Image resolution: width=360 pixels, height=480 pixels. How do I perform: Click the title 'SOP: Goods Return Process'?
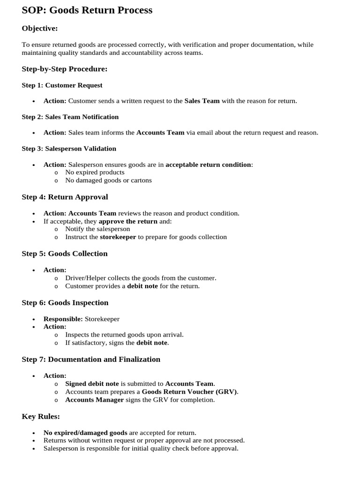pyautogui.click(x=87, y=10)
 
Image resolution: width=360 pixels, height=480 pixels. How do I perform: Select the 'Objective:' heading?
pyautogui.click(x=40, y=29)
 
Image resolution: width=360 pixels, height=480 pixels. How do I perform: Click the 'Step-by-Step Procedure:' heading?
pyautogui.click(x=65, y=69)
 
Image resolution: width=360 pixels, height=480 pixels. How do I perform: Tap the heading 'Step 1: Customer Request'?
pyautogui.click(x=62, y=85)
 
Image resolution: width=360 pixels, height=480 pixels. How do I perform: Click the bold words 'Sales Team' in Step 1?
pyautogui.click(x=202, y=101)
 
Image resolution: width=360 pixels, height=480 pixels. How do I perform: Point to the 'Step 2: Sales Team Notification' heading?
pyautogui.click(x=70, y=117)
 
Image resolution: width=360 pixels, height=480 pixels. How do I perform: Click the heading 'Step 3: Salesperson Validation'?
pyautogui.click(x=69, y=149)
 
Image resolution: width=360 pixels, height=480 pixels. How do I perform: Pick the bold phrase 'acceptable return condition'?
pyautogui.click(x=208, y=165)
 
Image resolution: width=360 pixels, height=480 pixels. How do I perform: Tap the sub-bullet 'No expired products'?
pyautogui.click(x=95, y=172)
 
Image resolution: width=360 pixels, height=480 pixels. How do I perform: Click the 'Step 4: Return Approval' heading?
pyautogui.click(x=65, y=197)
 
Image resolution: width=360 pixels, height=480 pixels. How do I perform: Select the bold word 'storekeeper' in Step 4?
pyautogui.click(x=118, y=237)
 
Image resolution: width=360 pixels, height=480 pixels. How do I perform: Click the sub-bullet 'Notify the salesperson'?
pyautogui.click(x=97, y=229)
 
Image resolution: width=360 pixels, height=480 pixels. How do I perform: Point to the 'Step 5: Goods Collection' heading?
pyautogui.click(x=65, y=254)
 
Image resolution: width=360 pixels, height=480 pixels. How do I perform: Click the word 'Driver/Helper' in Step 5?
pyautogui.click(x=85, y=278)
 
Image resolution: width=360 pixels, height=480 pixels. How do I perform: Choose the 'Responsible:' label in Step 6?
pyautogui.click(x=63, y=319)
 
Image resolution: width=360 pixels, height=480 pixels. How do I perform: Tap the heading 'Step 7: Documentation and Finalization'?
pyautogui.click(x=91, y=360)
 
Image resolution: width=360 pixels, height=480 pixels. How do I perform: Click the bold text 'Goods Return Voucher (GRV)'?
pyautogui.click(x=189, y=392)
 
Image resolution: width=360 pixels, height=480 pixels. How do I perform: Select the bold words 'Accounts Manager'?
pyautogui.click(x=94, y=400)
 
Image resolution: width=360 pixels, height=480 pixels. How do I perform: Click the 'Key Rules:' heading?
pyautogui.click(x=41, y=416)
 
